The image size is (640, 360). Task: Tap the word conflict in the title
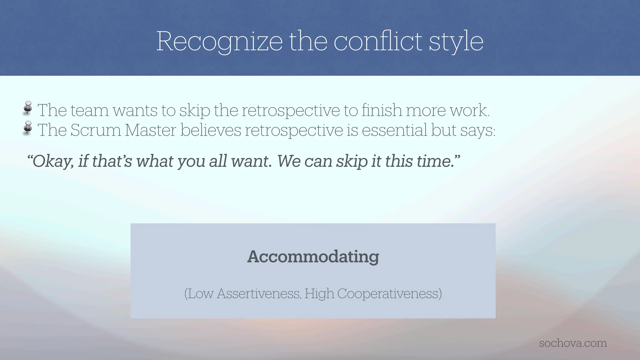(378, 41)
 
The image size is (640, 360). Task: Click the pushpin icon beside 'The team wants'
(28, 108)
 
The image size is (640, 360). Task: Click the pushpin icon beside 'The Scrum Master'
(28, 127)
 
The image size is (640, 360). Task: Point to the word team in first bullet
(90, 110)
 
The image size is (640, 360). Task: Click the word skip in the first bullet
(194, 111)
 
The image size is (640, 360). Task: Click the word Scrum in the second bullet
(96, 130)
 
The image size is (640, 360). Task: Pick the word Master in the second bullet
(150, 130)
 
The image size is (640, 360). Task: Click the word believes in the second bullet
(211, 130)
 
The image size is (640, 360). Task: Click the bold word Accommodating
(313, 257)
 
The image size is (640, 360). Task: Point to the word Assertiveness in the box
(259, 294)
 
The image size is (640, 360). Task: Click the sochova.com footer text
(573, 343)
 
